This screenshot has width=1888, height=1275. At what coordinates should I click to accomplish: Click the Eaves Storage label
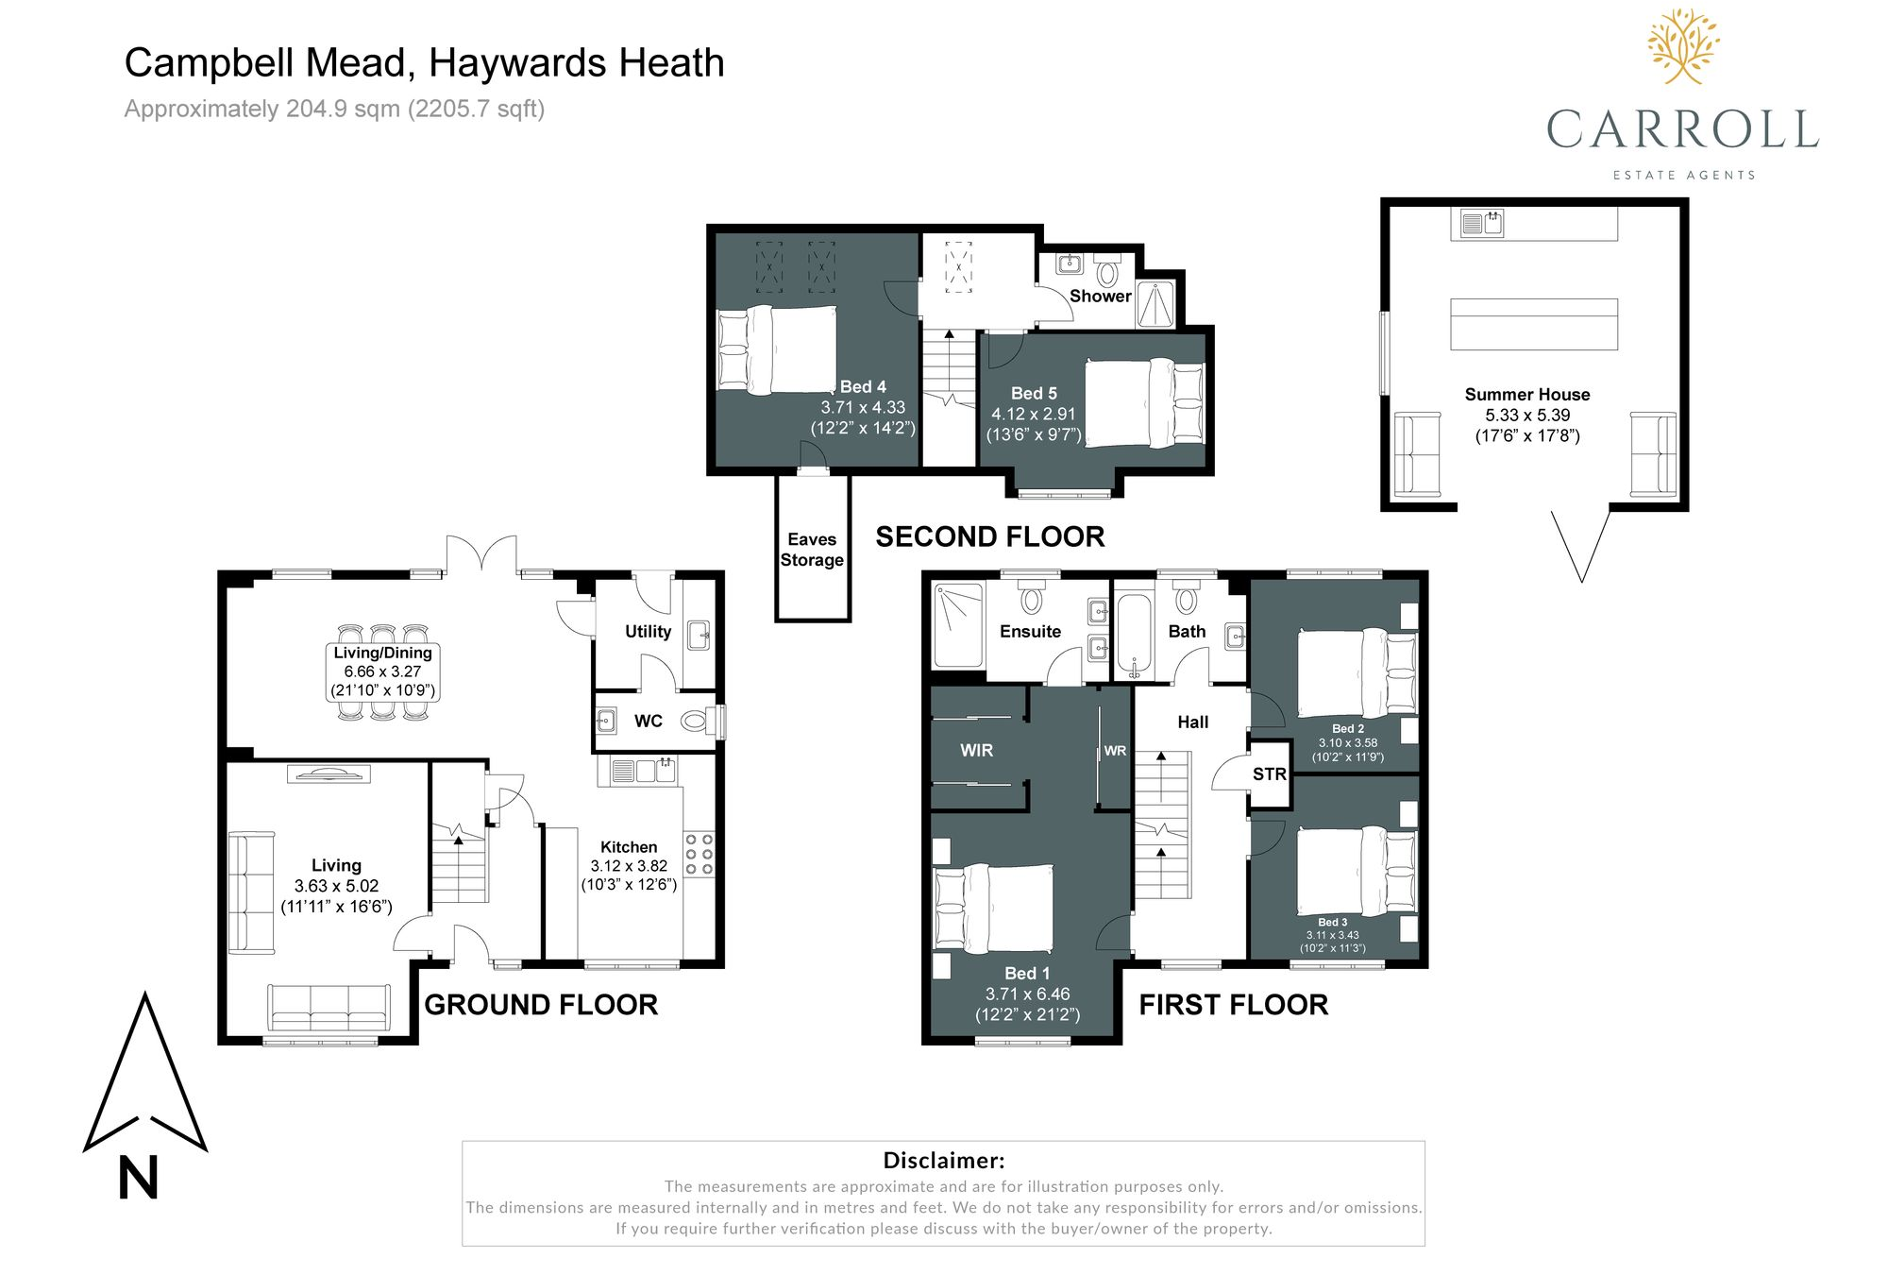(x=812, y=550)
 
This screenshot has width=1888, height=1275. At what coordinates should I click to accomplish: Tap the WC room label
(x=648, y=722)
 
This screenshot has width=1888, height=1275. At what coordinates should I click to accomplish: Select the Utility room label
(x=648, y=632)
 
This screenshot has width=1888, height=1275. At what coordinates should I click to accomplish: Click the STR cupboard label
(x=1269, y=774)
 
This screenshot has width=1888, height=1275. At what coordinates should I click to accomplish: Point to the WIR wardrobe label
(x=976, y=751)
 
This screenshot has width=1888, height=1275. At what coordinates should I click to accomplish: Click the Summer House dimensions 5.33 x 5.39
(x=1526, y=416)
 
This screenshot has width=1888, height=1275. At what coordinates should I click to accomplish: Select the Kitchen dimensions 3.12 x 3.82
(x=629, y=866)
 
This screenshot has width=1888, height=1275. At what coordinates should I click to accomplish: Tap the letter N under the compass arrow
(x=138, y=1179)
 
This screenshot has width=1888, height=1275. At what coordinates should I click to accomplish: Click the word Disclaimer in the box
(x=943, y=1161)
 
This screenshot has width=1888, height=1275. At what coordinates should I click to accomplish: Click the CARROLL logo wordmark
(x=1682, y=130)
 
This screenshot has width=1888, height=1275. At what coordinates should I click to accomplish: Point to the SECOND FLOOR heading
(x=989, y=537)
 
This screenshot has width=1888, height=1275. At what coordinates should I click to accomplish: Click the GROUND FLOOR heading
(x=541, y=1005)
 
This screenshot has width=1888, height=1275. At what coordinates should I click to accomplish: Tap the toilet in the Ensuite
(x=1031, y=599)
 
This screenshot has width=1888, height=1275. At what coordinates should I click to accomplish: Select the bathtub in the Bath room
(x=1134, y=635)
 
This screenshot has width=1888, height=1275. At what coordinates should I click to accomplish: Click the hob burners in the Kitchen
(x=700, y=854)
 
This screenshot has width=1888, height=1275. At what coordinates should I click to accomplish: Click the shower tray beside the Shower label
(x=1155, y=304)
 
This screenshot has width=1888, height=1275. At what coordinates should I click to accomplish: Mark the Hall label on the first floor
(x=1192, y=722)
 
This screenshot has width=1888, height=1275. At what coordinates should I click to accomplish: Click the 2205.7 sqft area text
(x=476, y=110)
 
